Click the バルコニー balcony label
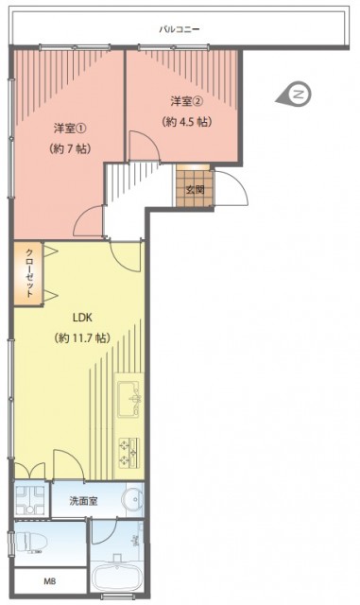tap(180, 29)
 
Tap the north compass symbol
tap(294, 95)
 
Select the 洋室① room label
tap(70, 129)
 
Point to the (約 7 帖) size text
tap(70, 148)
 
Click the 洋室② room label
tap(187, 101)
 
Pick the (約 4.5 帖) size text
tap(187, 122)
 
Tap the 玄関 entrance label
tap(195, 190)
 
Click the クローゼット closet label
tap(29, 273)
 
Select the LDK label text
tap(82, 318)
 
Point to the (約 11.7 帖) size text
tap(82, 338)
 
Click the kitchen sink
tap(129, 399)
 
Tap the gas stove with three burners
tap(129, 452)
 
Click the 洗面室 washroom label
tap(83, 501)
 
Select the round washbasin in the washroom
tap(132, 500)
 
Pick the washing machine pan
tap(30, 499)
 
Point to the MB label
tap(49, 581)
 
